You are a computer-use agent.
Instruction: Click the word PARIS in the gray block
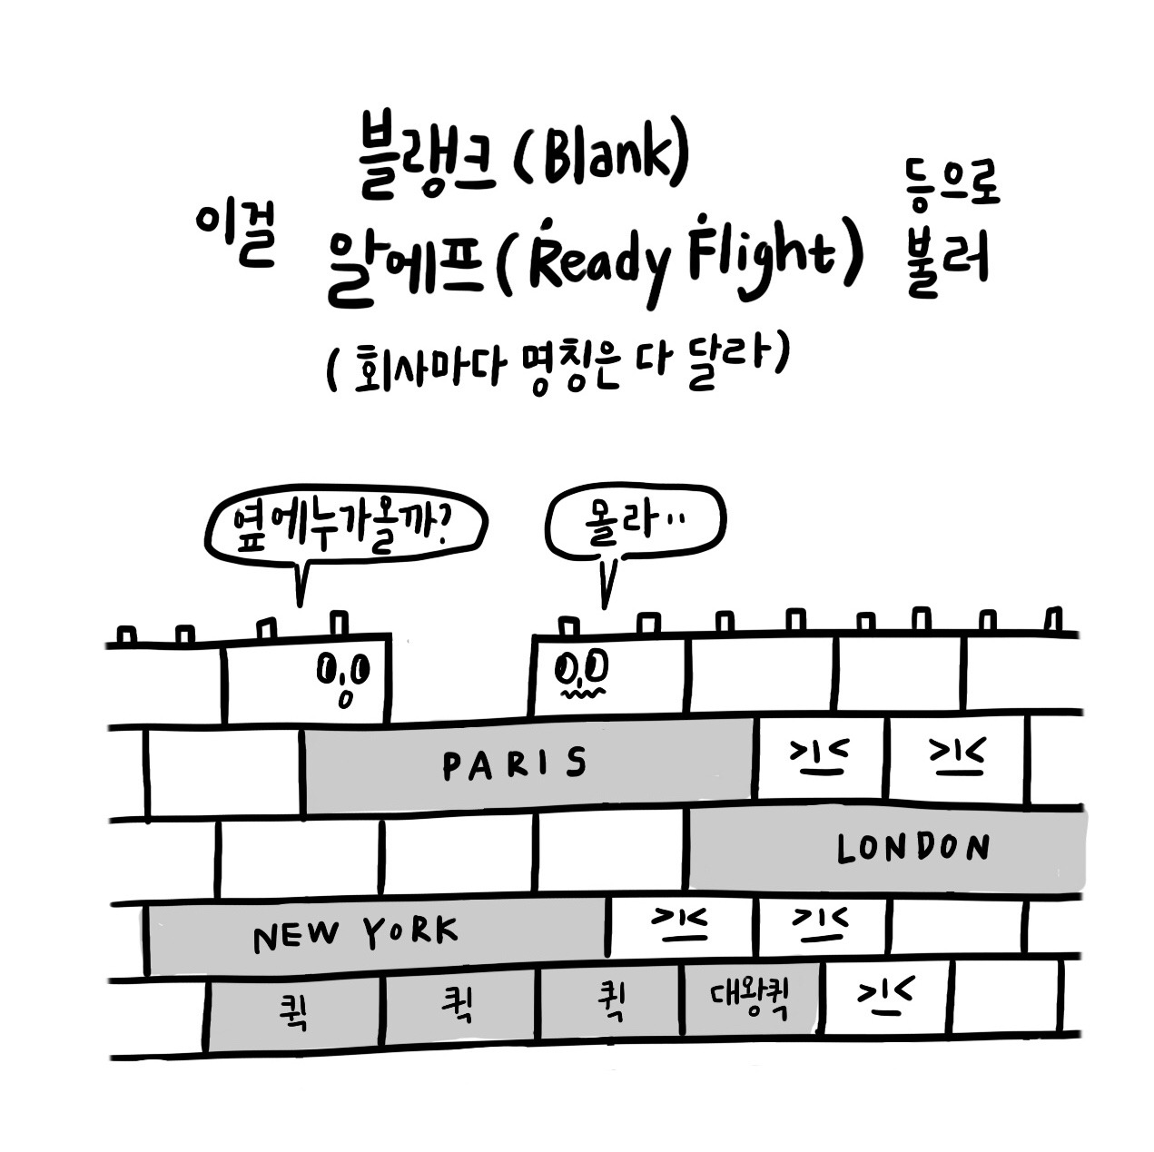(515, 764)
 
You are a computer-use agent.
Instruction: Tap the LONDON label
(912, 849)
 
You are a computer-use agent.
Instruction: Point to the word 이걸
(234, 233)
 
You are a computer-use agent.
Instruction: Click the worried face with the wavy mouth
(581, 676)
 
